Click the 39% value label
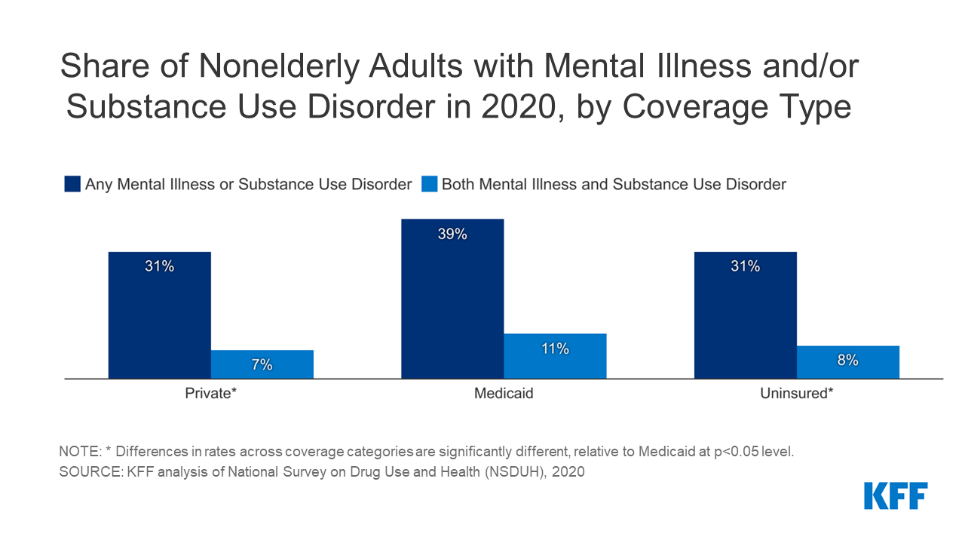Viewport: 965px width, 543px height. click(452, 234)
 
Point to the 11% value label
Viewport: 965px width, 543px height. click(555, 348)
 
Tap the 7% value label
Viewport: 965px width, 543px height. click(262, 365)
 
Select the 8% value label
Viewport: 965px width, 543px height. click(847, 360)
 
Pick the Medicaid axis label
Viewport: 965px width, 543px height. click(504, 394)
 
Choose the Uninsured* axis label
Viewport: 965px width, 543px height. click(796, 394)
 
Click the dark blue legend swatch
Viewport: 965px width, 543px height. click(72, 184)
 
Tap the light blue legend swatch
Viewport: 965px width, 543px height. click(429, 184)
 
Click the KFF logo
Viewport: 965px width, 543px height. click(896, 495)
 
